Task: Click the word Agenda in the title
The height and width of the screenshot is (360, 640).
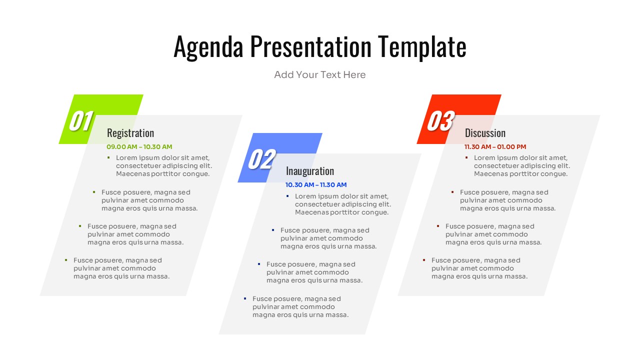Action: pyautogui.click(x=208, y=47)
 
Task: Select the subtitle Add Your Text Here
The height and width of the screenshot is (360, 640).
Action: pyautogui.click(x=320, y=75)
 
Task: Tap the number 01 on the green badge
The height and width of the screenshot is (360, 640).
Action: pyautogui.click(x=80, y=121)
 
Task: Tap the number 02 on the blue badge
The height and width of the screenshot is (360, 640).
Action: pyautogui.click(x=261, y=159)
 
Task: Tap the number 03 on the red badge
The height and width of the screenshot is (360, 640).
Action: pyautogui.click(x=439, y=121)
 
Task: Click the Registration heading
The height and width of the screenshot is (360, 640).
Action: pyautogui.click(x=130, y=133)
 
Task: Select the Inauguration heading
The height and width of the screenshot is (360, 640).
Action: pyautogui.click(x=310, y=171)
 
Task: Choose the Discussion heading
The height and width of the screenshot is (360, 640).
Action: pyautogui.click(x=485, y=133)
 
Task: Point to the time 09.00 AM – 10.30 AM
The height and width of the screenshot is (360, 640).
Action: pyautogui.click(x=139, y=147)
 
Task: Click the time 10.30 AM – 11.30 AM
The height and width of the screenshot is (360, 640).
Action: pyautogui.click(x=316, y=185)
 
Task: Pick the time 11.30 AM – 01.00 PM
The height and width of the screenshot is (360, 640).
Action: pyautogui.click(x=495, y=147)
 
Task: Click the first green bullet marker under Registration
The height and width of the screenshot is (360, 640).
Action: pyautogui.click(x=108, y=157)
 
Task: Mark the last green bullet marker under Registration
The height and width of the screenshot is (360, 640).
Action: pyautogui.click(x=65, y=260)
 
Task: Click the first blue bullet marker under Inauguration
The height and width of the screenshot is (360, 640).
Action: pyautogui.click(x=287, y=196)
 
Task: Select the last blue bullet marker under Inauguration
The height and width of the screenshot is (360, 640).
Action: pyautogui.click(x=244, y=298)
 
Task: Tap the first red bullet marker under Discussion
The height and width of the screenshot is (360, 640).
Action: pyautogui.click(x=466, y=157)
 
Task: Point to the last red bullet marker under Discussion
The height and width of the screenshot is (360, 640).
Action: pyautogui.click(x=423, y=260)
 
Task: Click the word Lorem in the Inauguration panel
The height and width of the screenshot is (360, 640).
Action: pyautogui.click(x=305, y=196)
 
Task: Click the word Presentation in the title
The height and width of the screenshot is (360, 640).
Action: pyautogui.click(x=310, y=47)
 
